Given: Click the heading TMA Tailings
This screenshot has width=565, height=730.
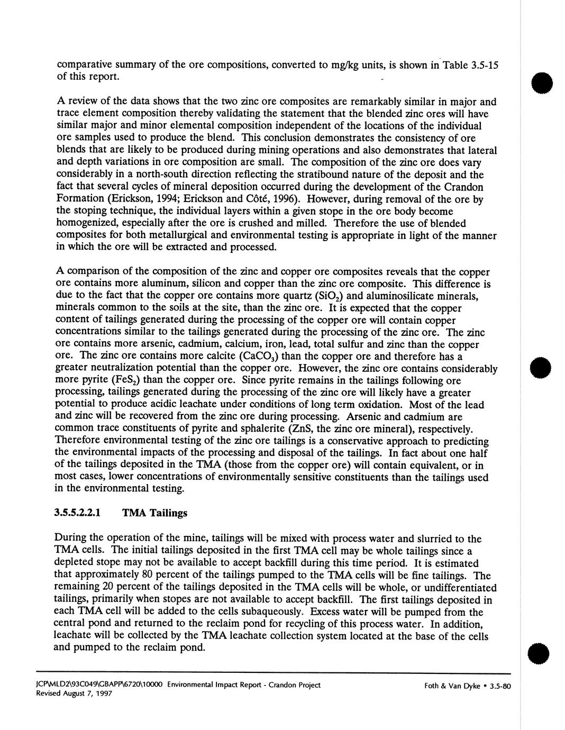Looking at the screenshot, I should click(x=154, y=513).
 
